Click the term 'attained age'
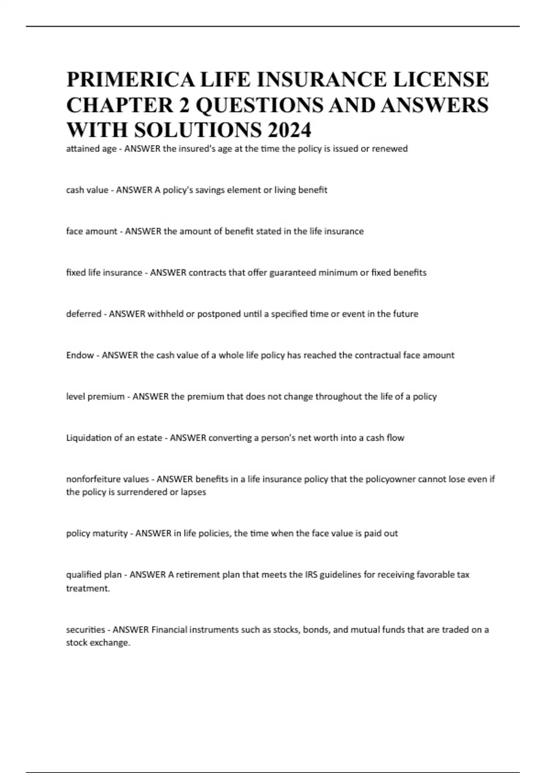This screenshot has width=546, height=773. pos(91,149)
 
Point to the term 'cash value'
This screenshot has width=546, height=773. pos(87,190)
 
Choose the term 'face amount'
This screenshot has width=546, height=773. pos(91,231)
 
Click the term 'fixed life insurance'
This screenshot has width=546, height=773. pos(104,273)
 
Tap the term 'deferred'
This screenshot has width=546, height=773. pos(84,314)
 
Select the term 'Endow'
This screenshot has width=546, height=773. pos(80,355)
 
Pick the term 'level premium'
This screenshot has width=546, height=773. pos(96,397)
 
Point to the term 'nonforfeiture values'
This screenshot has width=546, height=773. pos(107,479)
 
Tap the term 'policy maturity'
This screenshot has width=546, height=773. pos(97,533)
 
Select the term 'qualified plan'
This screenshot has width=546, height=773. pos(94,575)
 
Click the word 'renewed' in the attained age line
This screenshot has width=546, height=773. pos(390,149)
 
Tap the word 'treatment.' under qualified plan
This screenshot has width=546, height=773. pos(88,588)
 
